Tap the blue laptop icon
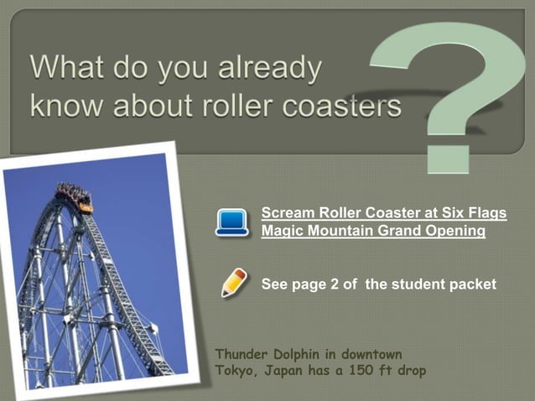[231, 222]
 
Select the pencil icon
[233, 282]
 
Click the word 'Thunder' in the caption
[243, 354]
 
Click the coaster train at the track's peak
[75, 197]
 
